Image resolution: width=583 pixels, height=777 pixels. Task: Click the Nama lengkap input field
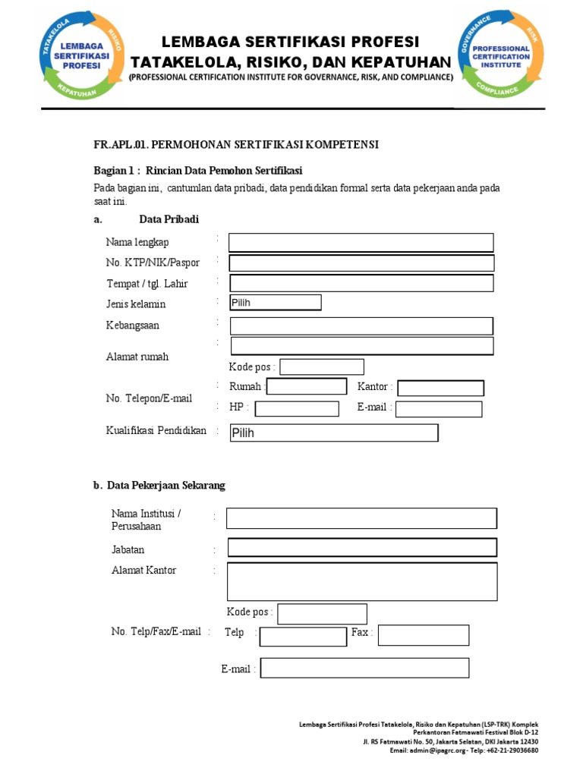click(361, 243)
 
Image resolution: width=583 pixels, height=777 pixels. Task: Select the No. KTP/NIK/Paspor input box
click(361, 263)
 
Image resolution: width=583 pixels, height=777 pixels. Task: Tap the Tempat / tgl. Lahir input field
click(361, 283)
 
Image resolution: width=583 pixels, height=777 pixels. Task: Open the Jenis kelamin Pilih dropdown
click(276, 303)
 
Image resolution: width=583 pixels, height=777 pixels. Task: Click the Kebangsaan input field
click(361, 326)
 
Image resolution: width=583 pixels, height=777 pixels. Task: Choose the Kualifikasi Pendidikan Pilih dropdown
click(334, 433)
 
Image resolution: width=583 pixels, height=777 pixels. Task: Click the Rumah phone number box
click(307, 386)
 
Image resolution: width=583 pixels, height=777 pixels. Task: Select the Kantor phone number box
click(440, 388)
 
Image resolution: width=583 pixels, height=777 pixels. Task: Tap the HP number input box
click(297, 409)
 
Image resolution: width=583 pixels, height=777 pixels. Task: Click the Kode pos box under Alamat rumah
click(322, 367)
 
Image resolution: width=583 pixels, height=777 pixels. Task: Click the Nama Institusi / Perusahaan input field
click(361, 518)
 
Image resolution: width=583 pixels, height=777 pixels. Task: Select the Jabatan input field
click(362, 548)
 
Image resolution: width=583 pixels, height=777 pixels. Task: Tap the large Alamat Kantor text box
click(362, 582)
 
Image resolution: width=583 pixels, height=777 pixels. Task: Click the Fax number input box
click(424, 635)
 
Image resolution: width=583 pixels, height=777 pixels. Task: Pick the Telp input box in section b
click(303, 636)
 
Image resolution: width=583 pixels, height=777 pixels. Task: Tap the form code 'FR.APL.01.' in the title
click(121, 144)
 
